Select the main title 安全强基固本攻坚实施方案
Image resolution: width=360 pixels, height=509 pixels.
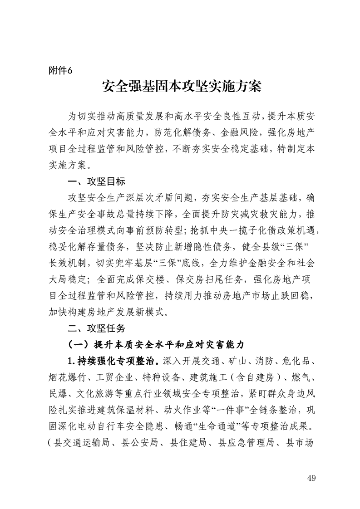(x=182, y=87)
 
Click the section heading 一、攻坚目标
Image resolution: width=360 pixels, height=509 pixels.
(x=93, y=183)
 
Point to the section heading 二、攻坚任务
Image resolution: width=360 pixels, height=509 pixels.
(x=93, y=328)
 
